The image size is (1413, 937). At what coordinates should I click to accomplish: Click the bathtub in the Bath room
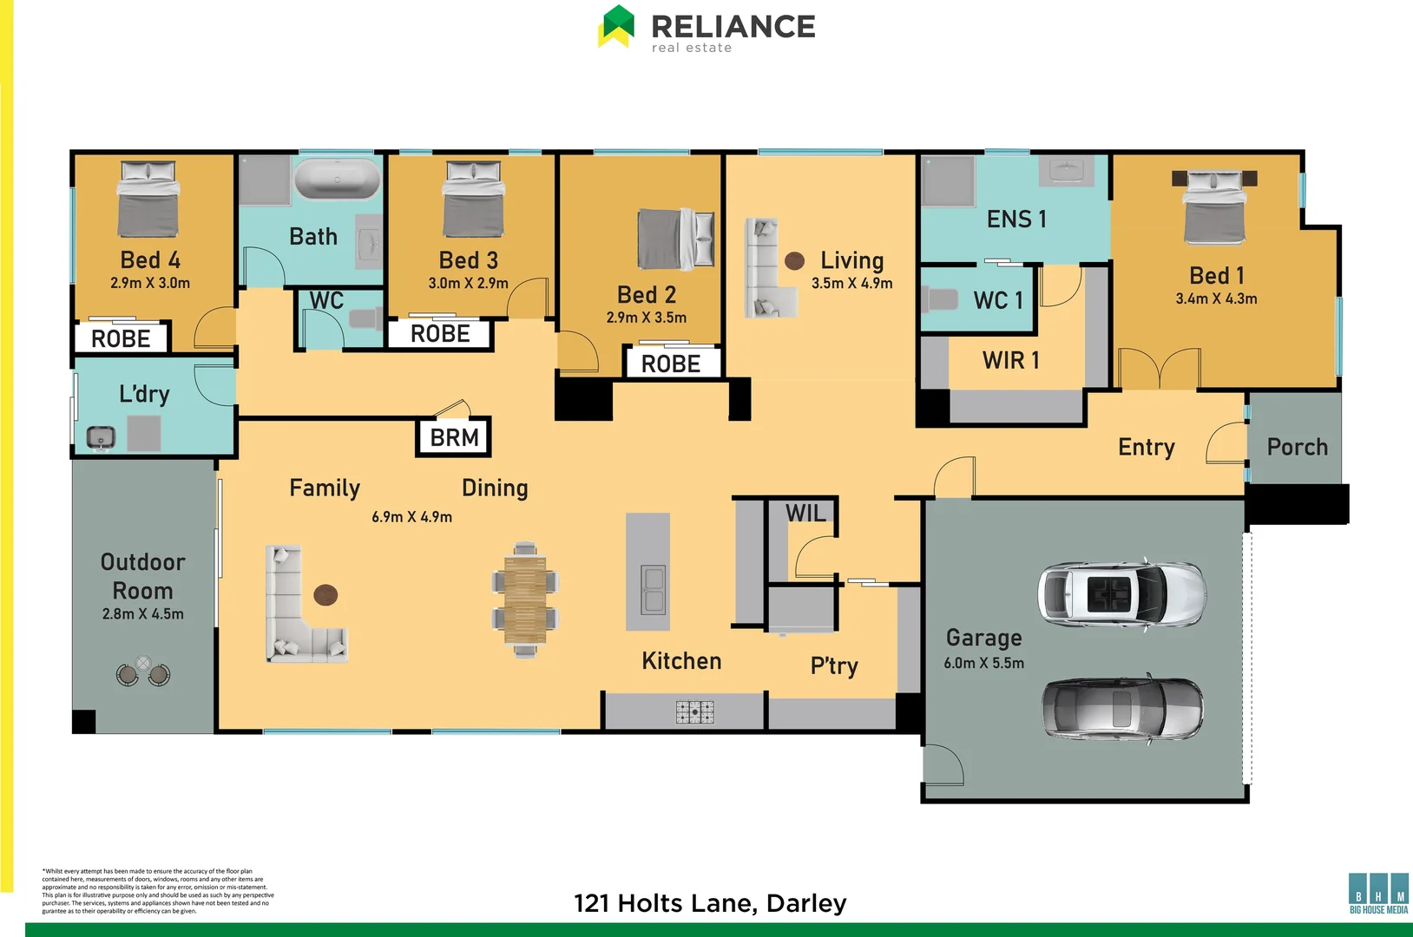(x=338, y=180)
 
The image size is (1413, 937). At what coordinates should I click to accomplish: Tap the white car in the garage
(x=1121, y=593)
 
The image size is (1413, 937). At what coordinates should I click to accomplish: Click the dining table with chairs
(x=525, y=599)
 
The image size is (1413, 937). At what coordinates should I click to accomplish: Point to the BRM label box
(x=454, y=437)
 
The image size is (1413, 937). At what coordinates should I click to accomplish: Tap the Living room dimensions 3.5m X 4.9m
(x=851, y=283)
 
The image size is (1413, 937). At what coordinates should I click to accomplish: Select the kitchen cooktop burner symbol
(x=694, y=712)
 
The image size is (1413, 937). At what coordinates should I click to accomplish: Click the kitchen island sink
(x=652, y=589)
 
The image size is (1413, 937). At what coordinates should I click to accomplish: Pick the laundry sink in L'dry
(x=101, y=437)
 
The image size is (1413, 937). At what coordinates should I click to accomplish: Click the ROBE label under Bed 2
(x=671, y=364)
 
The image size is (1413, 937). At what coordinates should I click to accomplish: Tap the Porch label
(x=1297, y=447)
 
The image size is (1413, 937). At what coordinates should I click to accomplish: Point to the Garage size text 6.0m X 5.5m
(x=983, y=663)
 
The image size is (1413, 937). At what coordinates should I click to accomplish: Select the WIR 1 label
(x=1010, y=360)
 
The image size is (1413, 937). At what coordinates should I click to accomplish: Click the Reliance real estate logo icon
(x=617, y=26)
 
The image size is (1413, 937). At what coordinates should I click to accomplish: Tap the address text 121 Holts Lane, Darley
(x=710, y=903)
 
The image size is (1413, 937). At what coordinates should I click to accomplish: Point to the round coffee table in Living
(x=794, y=260)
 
